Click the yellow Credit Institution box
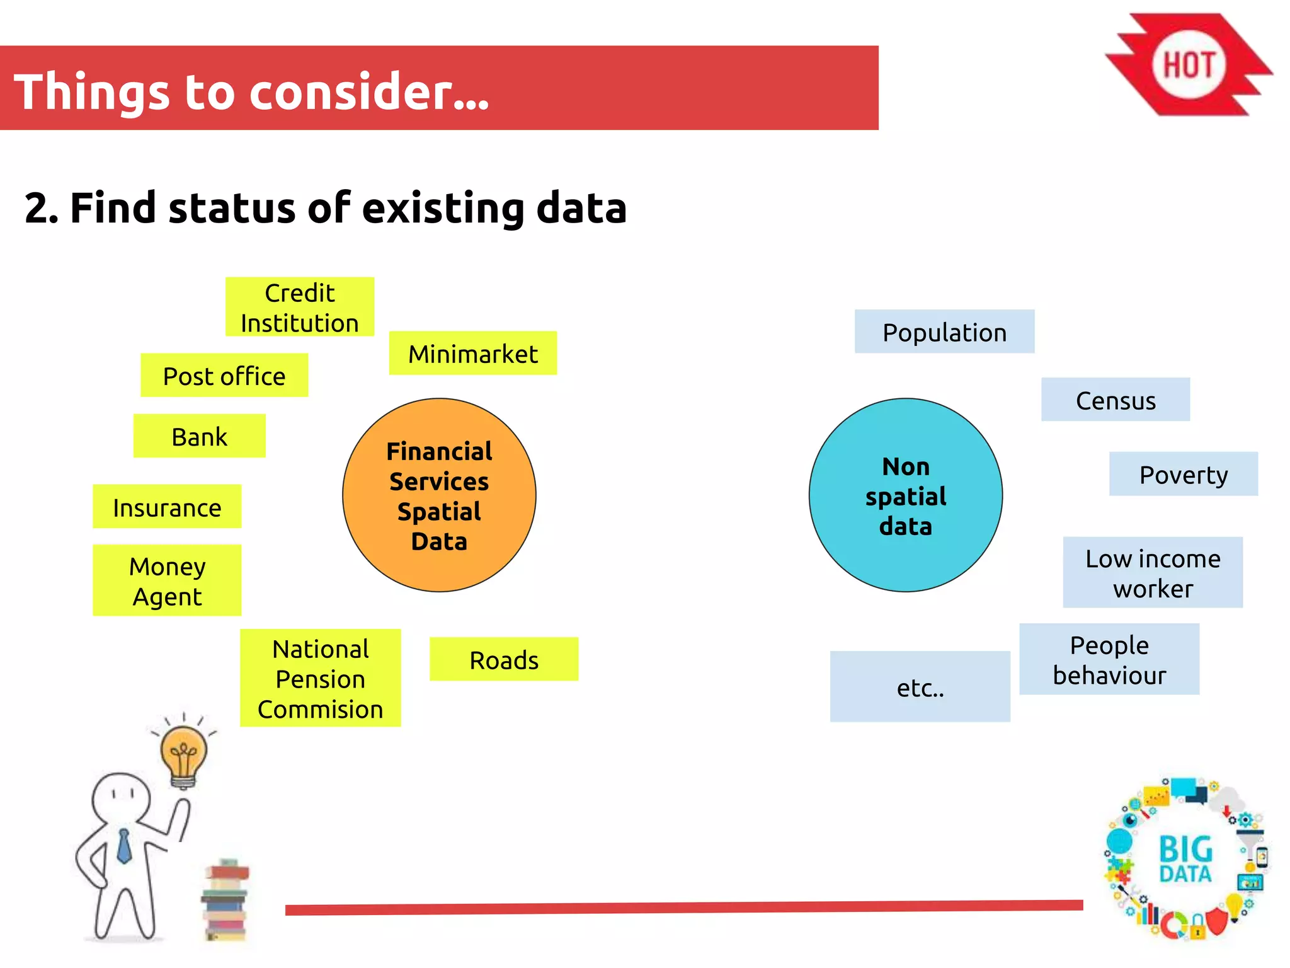pos(300,307)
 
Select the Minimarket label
pos(472,354)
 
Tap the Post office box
pos(224,376)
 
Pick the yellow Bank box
pos(199,436)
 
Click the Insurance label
pos(167,507)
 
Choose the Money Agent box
pos(167,580)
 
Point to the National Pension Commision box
pos(320,678)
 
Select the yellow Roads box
pos(504,659)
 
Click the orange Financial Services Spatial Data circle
pos(439,495)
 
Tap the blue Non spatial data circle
pos(905,495)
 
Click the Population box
pos(944,331)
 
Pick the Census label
pos(1116,400)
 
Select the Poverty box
pos(1183,474)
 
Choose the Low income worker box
pos(1153,572)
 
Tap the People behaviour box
pos(1109,659)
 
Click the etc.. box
pos(920,687)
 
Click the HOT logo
pos(1189,65)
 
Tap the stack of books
pos(225,901)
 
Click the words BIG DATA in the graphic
pos(1185,858)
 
